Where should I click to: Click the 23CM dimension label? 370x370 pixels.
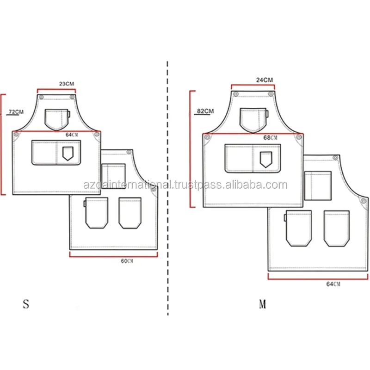coord(67,84)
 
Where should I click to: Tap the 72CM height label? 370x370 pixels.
coord(16,111)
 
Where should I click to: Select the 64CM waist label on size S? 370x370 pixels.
coord(72,135)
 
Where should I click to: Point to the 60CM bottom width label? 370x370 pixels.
coord(127,261)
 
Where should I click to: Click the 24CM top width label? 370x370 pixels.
coord(265,80)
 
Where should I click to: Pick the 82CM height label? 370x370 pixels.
coord(205,111)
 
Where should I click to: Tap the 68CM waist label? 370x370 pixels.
coord(270,137)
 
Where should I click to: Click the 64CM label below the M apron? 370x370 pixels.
coord(333,284)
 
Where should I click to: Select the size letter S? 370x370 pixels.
coord(26,304)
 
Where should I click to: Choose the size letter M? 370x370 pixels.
coord(262,304)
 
